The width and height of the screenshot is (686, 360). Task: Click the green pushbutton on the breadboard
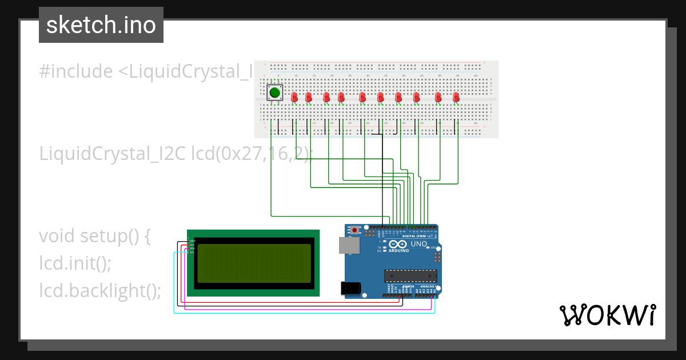click(275, 93)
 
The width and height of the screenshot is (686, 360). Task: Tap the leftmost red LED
click(294, 97)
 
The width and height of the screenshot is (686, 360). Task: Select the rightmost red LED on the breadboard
click(456, 97)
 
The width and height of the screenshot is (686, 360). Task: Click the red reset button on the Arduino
click(355, 230)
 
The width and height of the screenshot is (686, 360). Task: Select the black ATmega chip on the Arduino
click(410, 275)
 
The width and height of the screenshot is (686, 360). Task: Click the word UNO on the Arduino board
click(419, 244)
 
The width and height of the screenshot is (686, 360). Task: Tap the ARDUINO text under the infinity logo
click(400, 251)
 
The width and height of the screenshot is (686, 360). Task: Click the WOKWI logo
click(607, 315)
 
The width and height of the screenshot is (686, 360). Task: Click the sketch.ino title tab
click(101, 25)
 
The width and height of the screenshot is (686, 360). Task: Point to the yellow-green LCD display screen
click(254, 263)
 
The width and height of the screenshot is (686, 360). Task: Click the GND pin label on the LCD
click(192, 241)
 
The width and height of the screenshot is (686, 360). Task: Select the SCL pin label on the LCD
click(192, 252)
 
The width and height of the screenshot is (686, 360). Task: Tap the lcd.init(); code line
click(75, 263)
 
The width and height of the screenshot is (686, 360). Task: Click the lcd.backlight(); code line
click(100, 290)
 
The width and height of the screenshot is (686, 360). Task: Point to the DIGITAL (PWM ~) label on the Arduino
click(417, 236)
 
